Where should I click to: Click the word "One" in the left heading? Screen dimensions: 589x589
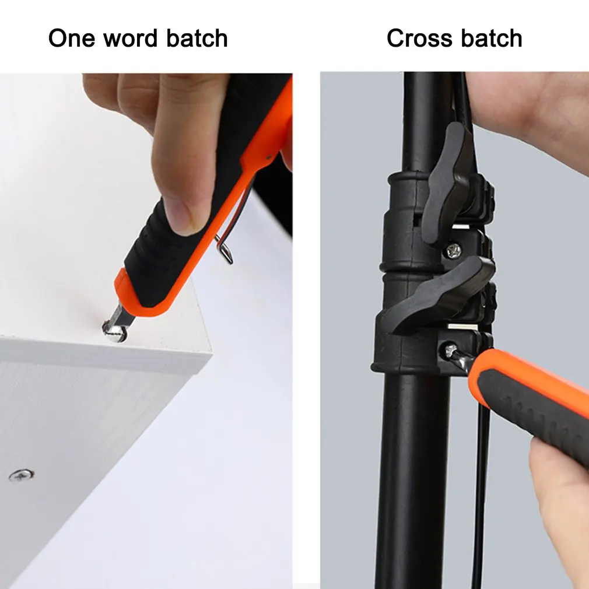(x=71, y=38)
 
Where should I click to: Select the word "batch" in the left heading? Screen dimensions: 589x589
(x=197, y=38)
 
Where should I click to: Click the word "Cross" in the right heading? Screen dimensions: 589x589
(x=419, y=38)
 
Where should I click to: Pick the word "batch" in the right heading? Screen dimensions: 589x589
(x=491, y=38)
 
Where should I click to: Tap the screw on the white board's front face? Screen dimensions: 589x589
(x=21, y=475)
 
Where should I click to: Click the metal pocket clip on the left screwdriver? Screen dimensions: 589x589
(x=224, y=248)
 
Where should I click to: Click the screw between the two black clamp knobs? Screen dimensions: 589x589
(x=453, y=250)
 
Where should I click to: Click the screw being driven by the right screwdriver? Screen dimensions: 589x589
(x=451, y=351)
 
